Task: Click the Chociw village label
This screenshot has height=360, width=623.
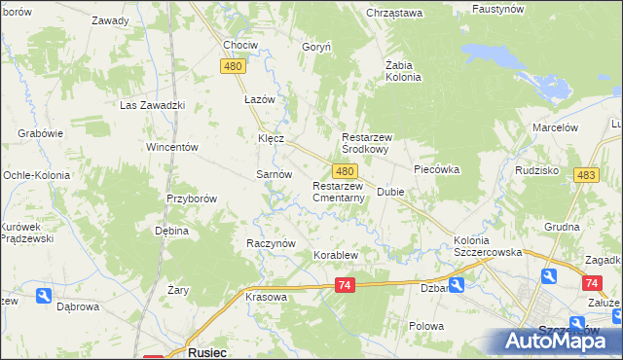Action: point(240,45)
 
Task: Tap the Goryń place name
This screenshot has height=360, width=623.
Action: point(317,46)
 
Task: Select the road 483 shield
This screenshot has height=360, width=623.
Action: point(586,174)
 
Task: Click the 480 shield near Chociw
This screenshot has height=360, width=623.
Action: point(232,65)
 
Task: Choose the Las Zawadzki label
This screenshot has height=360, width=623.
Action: point(152,105)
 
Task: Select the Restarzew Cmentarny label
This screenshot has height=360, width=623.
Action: point(338,192)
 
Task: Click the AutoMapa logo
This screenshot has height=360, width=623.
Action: point(560,342)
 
